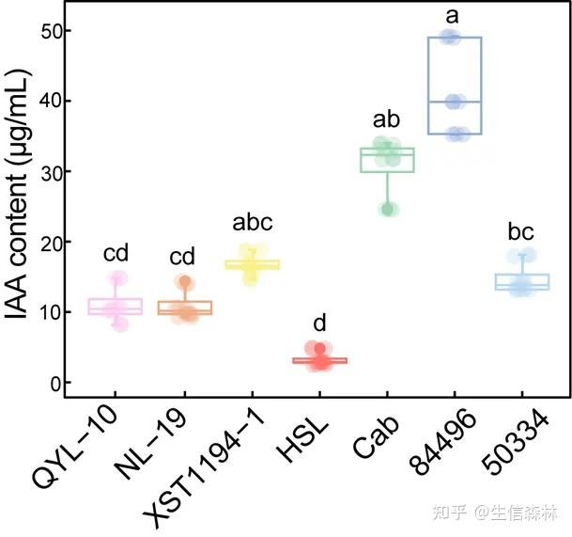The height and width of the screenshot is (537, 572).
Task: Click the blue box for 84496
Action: point(455,86)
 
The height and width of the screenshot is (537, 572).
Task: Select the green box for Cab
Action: point(387,159)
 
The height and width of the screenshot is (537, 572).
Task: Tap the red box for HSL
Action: point(319,360)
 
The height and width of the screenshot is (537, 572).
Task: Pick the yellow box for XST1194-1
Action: point(251,265)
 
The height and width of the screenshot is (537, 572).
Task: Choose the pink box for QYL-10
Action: point(115,306)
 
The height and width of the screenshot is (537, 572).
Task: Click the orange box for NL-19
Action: point(183,307)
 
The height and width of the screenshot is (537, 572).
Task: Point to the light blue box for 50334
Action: point(522,281)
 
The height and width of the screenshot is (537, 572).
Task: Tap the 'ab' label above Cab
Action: point(387,119)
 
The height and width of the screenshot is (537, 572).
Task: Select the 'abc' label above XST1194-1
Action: point(251,223)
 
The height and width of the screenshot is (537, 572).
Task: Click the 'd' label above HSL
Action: point(319,324)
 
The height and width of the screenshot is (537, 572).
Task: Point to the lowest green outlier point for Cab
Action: point(388,209)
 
